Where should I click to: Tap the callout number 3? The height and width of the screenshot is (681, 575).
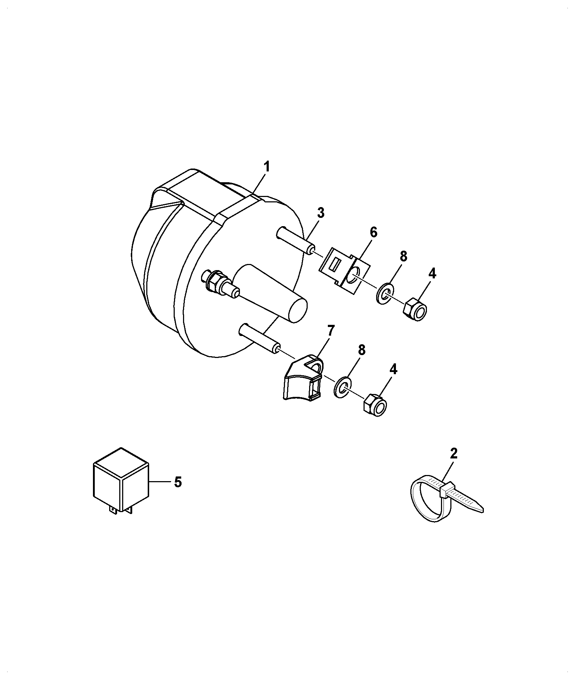[321, 213]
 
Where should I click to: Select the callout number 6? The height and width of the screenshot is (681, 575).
[373, 233]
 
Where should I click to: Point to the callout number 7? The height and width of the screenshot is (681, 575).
[331, 330]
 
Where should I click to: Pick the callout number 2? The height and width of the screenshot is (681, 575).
[454, 453]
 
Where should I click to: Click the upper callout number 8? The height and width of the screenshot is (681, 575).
[403, 256]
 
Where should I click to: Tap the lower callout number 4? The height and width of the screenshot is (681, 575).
[393, 369]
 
